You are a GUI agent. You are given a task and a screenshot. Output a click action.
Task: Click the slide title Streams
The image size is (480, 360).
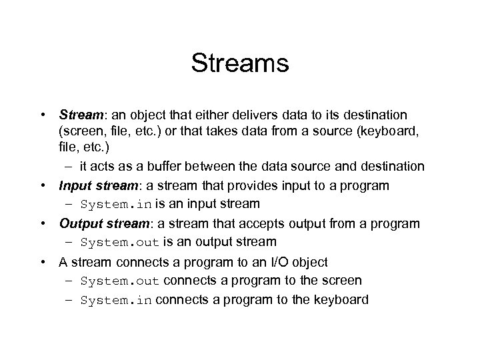[239, 64]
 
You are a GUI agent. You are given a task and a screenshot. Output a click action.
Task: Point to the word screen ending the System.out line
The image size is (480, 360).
[340, 281]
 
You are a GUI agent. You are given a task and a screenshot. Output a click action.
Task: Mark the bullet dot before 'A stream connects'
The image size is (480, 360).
[43, 262]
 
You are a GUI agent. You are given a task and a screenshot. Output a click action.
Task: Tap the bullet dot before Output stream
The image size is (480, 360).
[43, 223]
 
